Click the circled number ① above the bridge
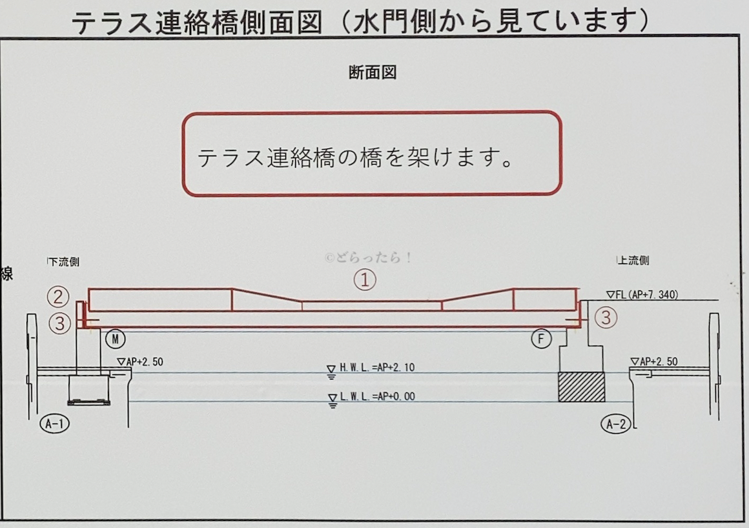[364, 279]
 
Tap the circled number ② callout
[58, 297]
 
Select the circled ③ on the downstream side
[59, 323]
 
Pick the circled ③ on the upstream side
[606, 318]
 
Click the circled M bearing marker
[115, 338]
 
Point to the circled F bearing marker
[541, 338]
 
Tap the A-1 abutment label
[54, 423]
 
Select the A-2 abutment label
[616, 423]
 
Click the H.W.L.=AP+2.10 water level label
[377, 367]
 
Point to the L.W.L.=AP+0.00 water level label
[377, 396]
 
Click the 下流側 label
[64, 261]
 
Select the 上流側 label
[633, 260]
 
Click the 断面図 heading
[373, 72]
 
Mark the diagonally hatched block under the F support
[581, 387]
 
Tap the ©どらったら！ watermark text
[368, 258]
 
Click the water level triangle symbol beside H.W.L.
[331, 372]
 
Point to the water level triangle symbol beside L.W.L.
[333, 401]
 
